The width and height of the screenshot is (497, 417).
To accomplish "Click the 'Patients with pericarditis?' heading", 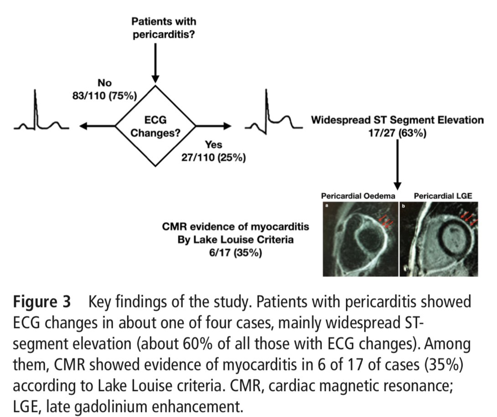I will tap(164, 28).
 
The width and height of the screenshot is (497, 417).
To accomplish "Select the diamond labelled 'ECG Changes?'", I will tap(155, 126).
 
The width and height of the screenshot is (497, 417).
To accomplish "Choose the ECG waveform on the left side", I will tap(41, 114).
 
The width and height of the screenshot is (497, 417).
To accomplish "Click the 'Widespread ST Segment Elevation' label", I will tap(397, 120).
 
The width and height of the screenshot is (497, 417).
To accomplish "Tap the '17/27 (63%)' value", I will tap(397, 133).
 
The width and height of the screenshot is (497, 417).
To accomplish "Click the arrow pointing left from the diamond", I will tap(98, 126).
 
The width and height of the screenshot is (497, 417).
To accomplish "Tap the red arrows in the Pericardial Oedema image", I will tap(386, 223).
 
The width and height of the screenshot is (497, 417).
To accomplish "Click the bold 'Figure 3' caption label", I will tap(41, 302).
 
